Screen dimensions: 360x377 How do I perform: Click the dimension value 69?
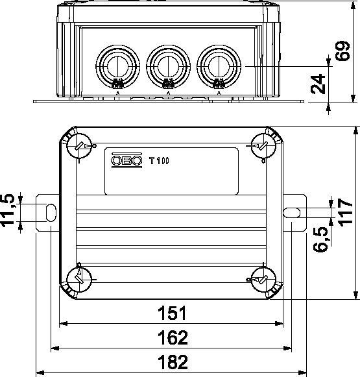click(x=343, y=51)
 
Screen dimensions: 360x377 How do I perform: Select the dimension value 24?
click(x=318, y=84)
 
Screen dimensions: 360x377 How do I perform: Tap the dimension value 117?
click(x=345, y=212)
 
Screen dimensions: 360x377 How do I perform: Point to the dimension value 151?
click(x=172, y=313)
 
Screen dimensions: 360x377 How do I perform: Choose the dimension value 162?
click(x=173, y=337)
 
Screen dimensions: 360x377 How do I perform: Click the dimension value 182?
click(x=173, y=362)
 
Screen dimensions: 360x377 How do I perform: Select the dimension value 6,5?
click(x=320, y=239)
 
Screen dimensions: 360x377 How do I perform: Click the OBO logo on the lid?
click(x=126, y=160)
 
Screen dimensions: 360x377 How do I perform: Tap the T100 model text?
click(x=159, y=161)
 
